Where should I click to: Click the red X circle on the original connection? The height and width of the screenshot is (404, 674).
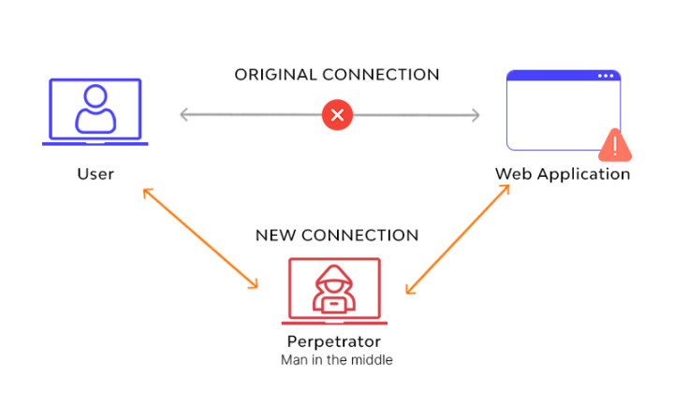[x=337, y=116]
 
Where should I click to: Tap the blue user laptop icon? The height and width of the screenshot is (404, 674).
[x=95, y=112]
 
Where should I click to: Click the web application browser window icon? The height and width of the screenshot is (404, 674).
[x=563, y=109]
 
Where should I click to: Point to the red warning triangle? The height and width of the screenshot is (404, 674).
[x=615, y=144]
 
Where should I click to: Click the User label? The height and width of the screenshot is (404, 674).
[x=95, y=174]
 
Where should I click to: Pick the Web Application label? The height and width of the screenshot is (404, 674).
[x=563, y=174]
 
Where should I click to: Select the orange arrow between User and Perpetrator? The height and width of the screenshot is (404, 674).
[x=199, y=238]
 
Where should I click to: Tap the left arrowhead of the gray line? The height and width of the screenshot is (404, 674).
[x=183, y=116]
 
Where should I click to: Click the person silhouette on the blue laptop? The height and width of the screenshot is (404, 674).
[x=95, y=108]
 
